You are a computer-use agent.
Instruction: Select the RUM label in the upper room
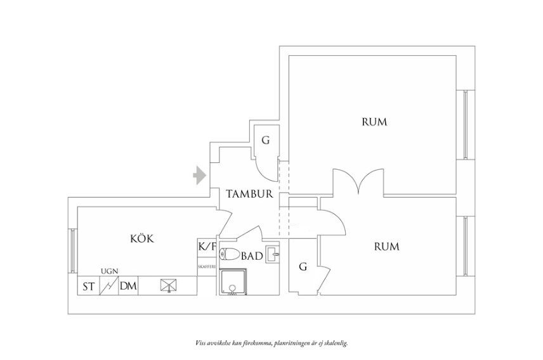(374, 122)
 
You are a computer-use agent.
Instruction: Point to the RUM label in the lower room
(386, 247)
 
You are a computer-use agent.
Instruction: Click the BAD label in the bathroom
(252, 256)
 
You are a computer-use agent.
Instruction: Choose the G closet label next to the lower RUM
(303, 267)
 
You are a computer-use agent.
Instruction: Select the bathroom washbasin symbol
(272, 255)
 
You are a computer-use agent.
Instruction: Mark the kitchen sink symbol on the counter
(168, 286)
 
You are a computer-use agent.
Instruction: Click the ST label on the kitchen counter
(88, 286)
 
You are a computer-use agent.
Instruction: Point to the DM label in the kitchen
(128, 286)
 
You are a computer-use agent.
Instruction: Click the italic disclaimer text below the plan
(271, 342)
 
